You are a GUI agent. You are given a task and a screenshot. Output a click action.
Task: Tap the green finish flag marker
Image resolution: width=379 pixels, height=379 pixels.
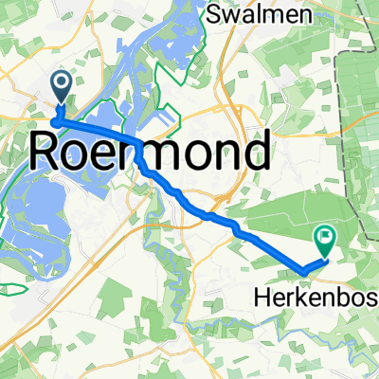tap(325, 241)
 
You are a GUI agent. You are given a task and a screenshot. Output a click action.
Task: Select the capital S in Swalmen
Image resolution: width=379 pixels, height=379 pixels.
tap(215, 15)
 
